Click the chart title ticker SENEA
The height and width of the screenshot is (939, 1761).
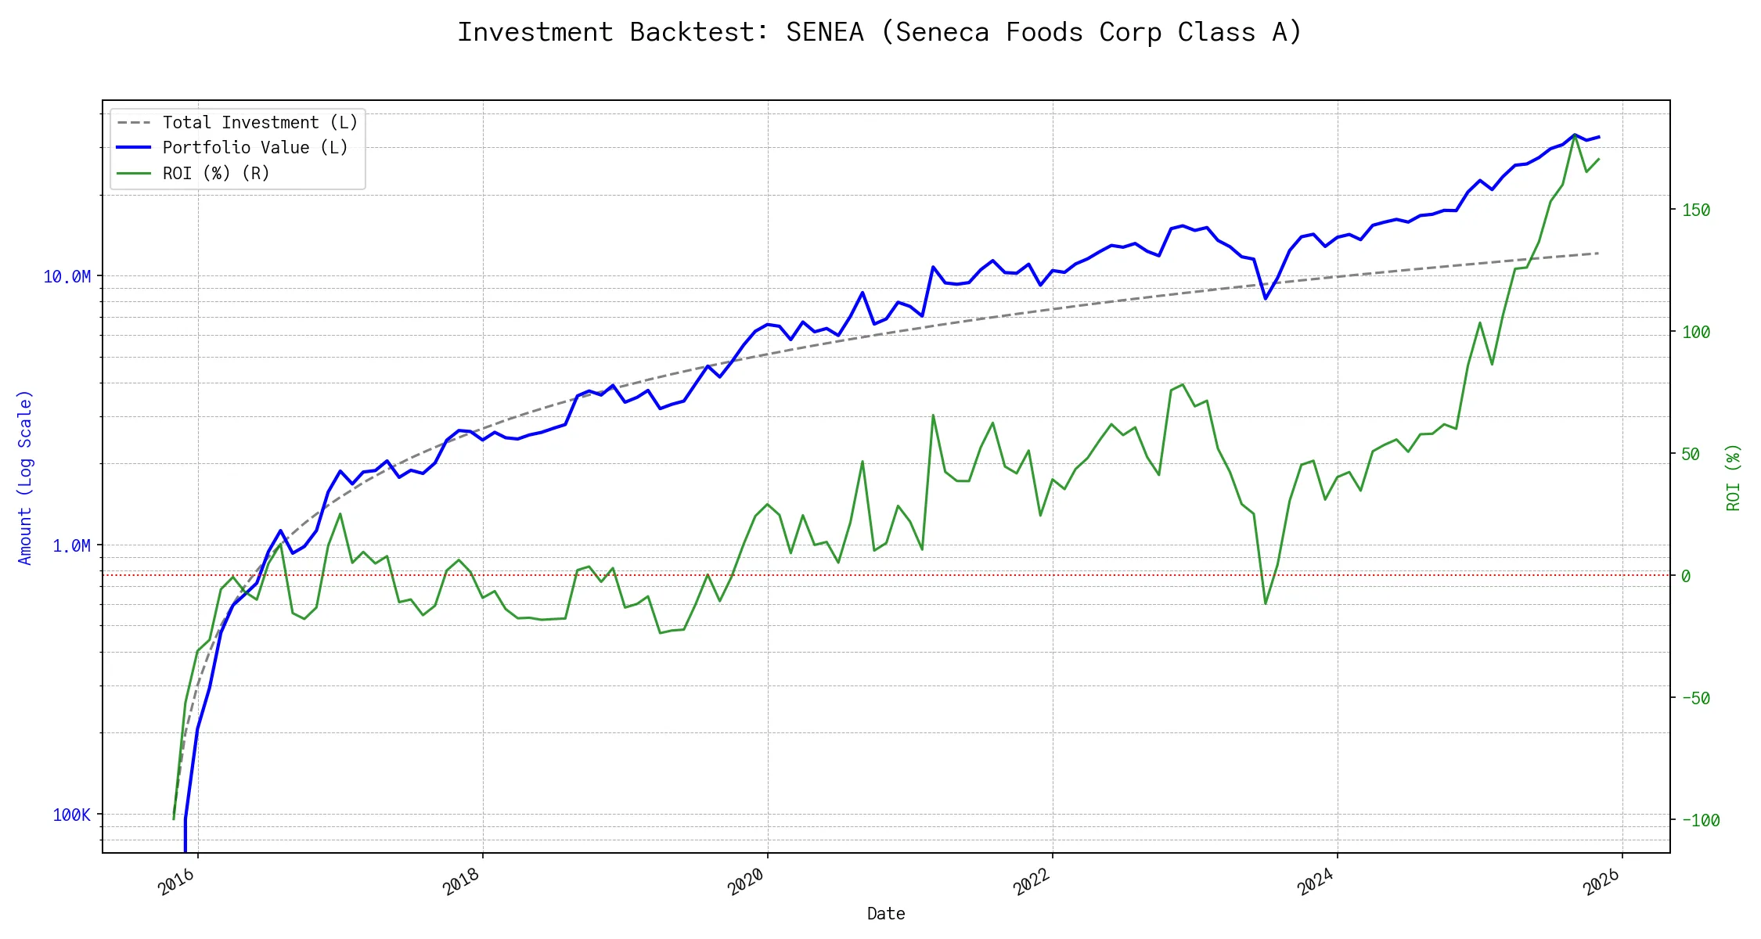pos(825,32)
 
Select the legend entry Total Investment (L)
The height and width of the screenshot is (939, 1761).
pos(260,123)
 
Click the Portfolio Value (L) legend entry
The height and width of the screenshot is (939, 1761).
pos(255,148)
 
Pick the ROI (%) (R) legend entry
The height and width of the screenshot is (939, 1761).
pos(216,174)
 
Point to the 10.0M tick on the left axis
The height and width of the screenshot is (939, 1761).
pos(67,277)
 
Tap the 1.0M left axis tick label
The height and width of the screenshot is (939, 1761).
pos(71,546)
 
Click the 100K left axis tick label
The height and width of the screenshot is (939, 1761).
pos(71,815)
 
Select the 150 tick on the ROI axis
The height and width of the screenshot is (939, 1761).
pos(1696,210)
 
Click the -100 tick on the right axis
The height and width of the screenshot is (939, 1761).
pos(1701,821)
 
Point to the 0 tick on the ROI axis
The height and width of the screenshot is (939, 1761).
pos(1686,576)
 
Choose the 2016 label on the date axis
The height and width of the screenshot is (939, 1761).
pos(177,882)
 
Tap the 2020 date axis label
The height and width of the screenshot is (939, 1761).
pos(746,882)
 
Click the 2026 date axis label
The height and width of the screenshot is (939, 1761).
pos(1601,882)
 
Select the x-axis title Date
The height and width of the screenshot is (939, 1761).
pos(886,914)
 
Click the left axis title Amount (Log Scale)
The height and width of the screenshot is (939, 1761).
pos(25,477)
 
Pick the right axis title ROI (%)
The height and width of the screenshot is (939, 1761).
pos(1734,477)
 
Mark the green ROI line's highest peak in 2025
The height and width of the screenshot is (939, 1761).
pos(1575,135)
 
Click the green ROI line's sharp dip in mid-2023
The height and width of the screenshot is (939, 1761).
pos(1266,603)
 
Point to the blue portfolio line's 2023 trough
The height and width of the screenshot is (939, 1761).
pos(1266,298)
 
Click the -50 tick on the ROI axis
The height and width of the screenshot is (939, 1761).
pos(1696,698)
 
